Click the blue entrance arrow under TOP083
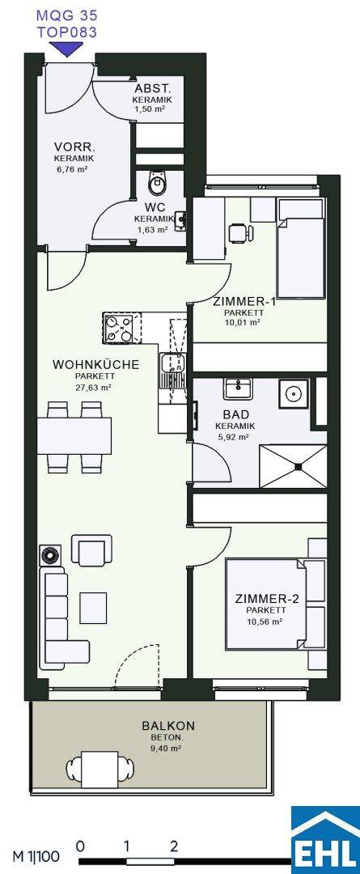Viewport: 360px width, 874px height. coord(67,49)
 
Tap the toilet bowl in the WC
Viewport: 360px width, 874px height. coord(158,182)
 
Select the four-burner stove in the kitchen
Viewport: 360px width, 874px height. coord(118,329)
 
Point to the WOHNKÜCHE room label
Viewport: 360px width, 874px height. coord(95,365)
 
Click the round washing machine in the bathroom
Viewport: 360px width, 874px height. coord(293,395)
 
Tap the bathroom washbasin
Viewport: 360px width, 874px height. coord(239,388)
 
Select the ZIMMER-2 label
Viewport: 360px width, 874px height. coord(268,600)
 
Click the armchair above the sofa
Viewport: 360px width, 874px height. coord(91,550)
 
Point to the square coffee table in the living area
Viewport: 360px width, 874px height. coord(93,608)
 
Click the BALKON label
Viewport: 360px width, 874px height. coord(168,726)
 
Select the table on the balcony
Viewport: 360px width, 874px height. coord(100,767)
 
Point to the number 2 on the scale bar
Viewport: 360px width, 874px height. coord(175,846)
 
